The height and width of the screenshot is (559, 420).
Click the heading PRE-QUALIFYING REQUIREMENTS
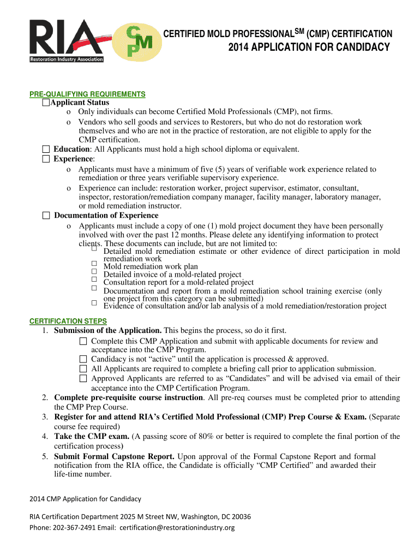click(87, 94)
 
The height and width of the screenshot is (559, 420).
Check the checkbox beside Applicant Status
click(46, 103)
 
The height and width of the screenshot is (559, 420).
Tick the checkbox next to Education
click(46, 149)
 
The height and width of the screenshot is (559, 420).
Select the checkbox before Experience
click(46, 159)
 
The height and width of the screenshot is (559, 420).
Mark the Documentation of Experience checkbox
click(46, 216)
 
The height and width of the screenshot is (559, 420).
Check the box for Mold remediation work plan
click(94, 264)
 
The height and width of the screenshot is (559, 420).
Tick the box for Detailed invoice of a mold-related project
click(94, 271)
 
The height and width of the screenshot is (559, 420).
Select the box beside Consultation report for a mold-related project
click(94, 279)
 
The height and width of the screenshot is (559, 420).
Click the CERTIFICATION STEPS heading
click(68, 321)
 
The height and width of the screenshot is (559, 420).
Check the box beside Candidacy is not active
click(83, 359)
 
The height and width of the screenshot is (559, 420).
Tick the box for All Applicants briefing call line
click(83, 368)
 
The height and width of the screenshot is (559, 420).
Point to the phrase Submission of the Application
click(107, 331)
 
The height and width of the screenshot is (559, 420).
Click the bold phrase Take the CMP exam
click(92, 437)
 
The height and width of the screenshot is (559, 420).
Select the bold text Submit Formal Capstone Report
click(115, 456)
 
